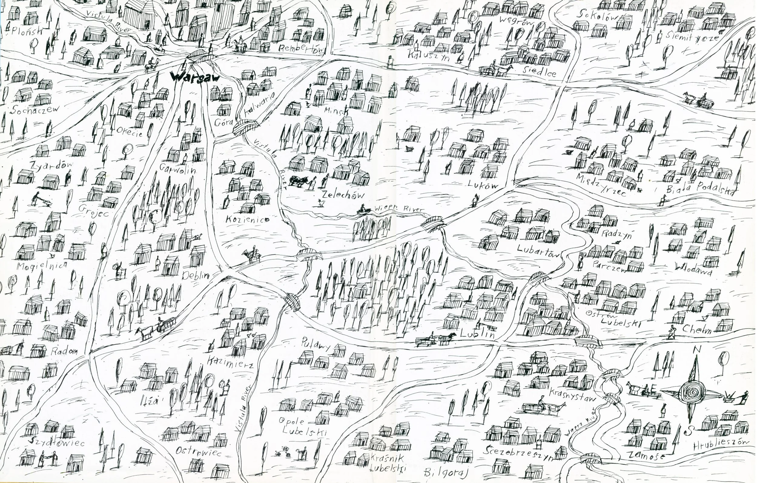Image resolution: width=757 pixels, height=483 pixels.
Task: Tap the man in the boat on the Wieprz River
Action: [363, 210]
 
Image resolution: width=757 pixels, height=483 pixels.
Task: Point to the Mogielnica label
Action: [42, 266]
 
